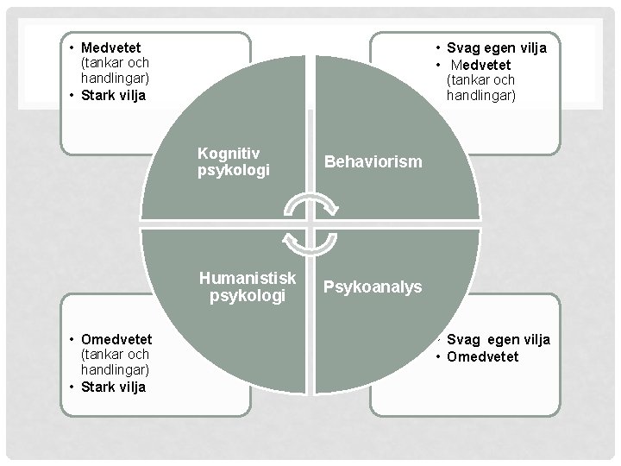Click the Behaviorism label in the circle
(373, 161)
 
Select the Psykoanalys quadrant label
(373, 287)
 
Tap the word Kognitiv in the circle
(229, 153)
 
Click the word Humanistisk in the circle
(248, 278)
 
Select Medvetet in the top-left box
(111, 47)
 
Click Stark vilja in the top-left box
(113, 95)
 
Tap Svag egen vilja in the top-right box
(497, 48)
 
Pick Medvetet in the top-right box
(480, 65)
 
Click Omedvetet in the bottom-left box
(116, 339)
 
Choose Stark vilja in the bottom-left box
(113, 387)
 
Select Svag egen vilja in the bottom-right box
(499, 340)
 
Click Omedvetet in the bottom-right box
(482, 356)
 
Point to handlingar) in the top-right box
(481, 96)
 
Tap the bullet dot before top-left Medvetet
(72, 48)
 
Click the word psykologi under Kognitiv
(233, 170)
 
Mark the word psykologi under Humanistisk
(248, 296)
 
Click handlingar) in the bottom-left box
(116, 369)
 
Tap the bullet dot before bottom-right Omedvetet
(438, 356)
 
